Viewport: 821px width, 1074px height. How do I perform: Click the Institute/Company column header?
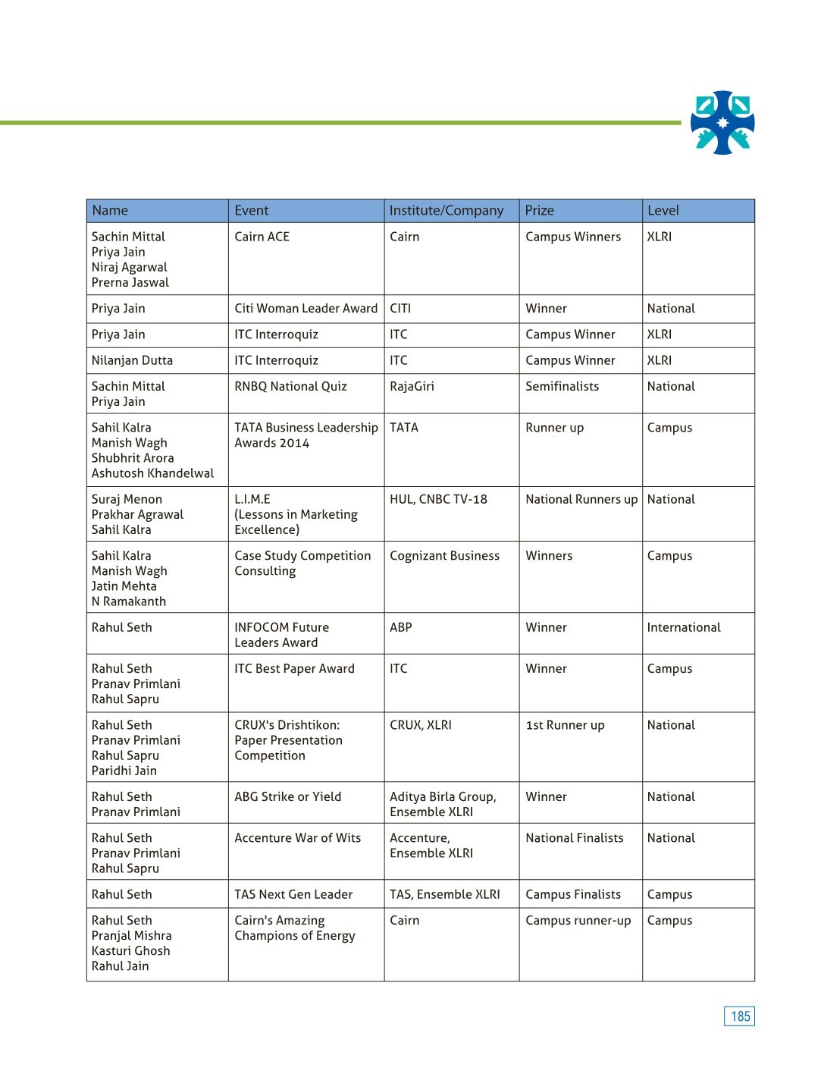(446, 211)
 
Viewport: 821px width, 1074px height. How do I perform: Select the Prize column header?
(540, 211)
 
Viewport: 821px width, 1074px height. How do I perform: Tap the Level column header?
(663, 211)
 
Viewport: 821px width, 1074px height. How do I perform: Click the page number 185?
(739, 1016)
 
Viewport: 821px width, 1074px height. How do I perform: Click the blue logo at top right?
(722, 123)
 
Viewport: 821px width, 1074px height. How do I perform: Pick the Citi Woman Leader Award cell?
(306, 309)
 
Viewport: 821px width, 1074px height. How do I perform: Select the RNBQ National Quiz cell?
(290, 387)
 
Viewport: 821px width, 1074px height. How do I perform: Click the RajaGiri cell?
(412, 387)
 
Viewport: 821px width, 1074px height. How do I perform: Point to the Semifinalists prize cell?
(562, 387)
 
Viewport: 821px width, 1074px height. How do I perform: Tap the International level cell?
(683, 628)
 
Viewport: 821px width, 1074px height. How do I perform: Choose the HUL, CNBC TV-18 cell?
(438, 500)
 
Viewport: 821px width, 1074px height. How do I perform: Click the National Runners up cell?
(581, 500)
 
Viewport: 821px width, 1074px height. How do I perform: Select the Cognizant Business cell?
(444, 556)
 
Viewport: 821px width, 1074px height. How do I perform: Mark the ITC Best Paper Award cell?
(294, 669)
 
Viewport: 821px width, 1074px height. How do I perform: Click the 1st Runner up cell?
(565, 726)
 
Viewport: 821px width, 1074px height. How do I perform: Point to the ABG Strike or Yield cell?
(287, 797)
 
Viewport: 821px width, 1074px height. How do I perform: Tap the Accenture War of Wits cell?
(297, 838)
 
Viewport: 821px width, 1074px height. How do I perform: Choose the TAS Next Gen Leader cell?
(293, 895)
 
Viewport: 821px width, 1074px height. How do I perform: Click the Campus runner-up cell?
(578, 921)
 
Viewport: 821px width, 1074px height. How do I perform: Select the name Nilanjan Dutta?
(132, 361)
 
